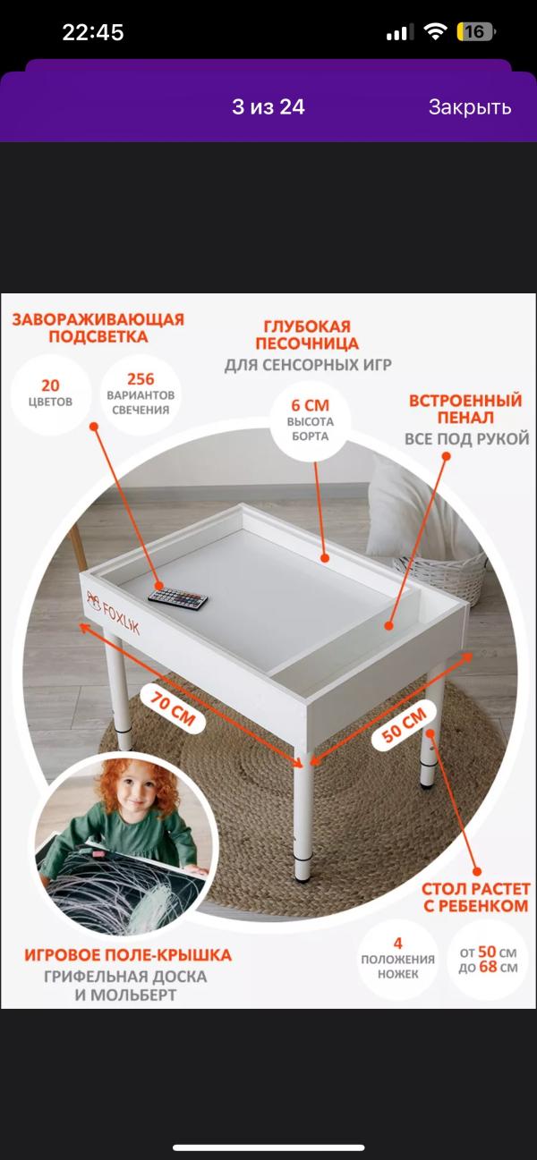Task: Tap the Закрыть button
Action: [x=470, y=107]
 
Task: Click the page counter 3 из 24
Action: [x=268, y=106]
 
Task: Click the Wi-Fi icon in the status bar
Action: [x=435, y=32]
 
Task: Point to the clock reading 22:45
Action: [x=93, y=32]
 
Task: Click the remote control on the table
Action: [x=178, y=597]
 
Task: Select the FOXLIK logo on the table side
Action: [x=113, y=613]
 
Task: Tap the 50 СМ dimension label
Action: [x=405, y=725]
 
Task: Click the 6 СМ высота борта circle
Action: [x=310, y=420]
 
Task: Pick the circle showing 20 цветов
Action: [x=50, y=394]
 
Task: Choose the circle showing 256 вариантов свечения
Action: [x=141, y=394]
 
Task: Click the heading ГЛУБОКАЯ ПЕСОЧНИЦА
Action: [x=307, y=335]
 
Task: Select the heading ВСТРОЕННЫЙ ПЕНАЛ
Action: [x=465, y=409]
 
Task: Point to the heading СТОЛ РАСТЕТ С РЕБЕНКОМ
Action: [x=475, y=897]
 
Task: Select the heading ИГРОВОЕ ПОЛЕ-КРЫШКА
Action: [x=127, y=955]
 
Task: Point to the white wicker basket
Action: [x=440, y=579]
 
